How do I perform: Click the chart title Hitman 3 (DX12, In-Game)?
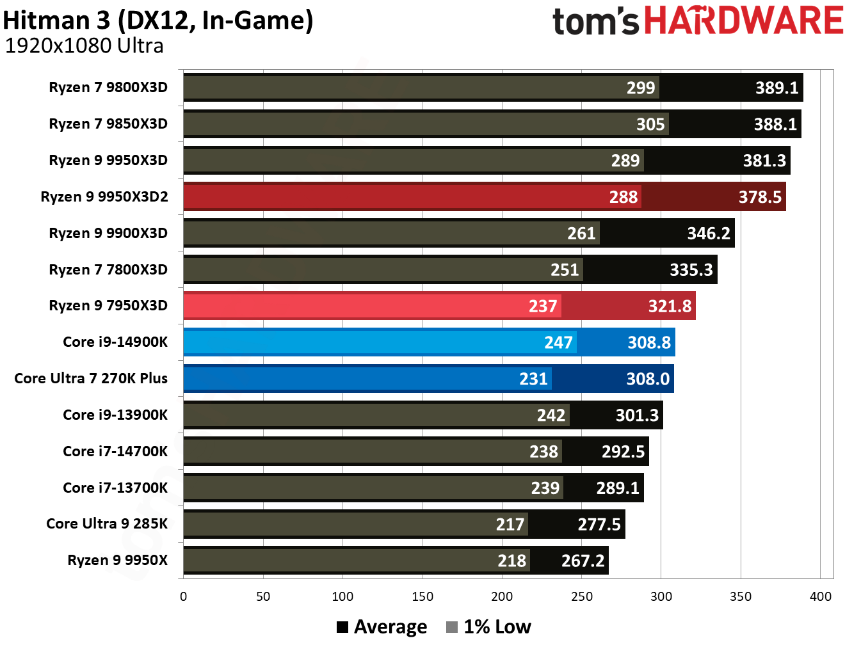[158, 20]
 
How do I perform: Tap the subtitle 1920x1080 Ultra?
[84, 46]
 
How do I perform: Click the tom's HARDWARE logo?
[698, 20]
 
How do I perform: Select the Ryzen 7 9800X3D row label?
[108, 88]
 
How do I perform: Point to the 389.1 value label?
[777, 88]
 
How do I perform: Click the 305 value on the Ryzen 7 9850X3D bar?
[650, 124]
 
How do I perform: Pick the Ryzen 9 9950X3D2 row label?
[104, 196]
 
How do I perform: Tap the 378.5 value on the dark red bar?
[760, 197]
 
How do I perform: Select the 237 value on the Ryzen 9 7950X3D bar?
[543, 307]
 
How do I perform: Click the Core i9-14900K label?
[115, 342]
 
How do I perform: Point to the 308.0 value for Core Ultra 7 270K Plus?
[648, 379]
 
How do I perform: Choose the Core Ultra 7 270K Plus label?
[91, 378]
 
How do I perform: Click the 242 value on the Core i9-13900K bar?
[551, 416]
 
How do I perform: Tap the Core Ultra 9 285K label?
[107, 523]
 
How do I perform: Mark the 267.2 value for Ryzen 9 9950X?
[583, 561]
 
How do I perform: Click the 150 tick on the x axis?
[422, 596]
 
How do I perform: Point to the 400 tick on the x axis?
[820, 596]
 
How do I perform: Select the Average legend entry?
[382, 627]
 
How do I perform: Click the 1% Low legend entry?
[489, 627]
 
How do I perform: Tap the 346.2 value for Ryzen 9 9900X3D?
[709, 234]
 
